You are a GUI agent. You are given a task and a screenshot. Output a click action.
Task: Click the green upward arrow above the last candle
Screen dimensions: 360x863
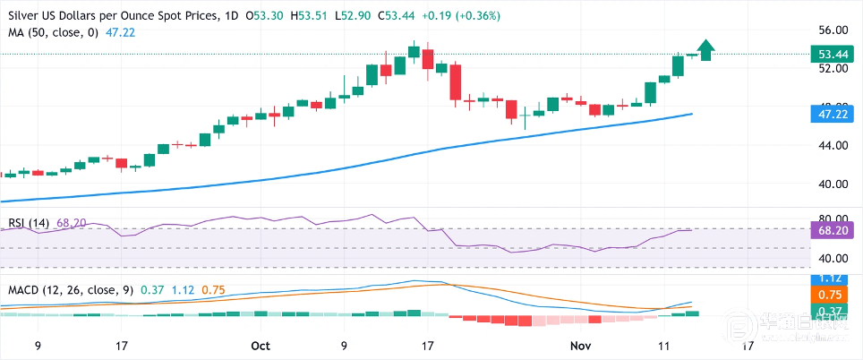click(x=706, y=50)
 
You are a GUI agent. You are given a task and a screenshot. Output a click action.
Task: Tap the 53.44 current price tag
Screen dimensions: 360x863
click(x=834, y=54)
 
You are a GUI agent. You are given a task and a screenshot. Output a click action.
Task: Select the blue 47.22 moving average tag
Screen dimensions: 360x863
click(x=834, y=115)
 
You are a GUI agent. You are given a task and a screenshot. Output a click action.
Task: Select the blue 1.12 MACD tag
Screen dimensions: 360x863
click(x=834, y=278)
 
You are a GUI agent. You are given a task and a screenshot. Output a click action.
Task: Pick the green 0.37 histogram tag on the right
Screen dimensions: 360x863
click(x=834, y=309)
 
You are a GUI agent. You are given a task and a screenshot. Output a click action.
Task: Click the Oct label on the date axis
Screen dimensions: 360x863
click(x=261, y=344)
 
